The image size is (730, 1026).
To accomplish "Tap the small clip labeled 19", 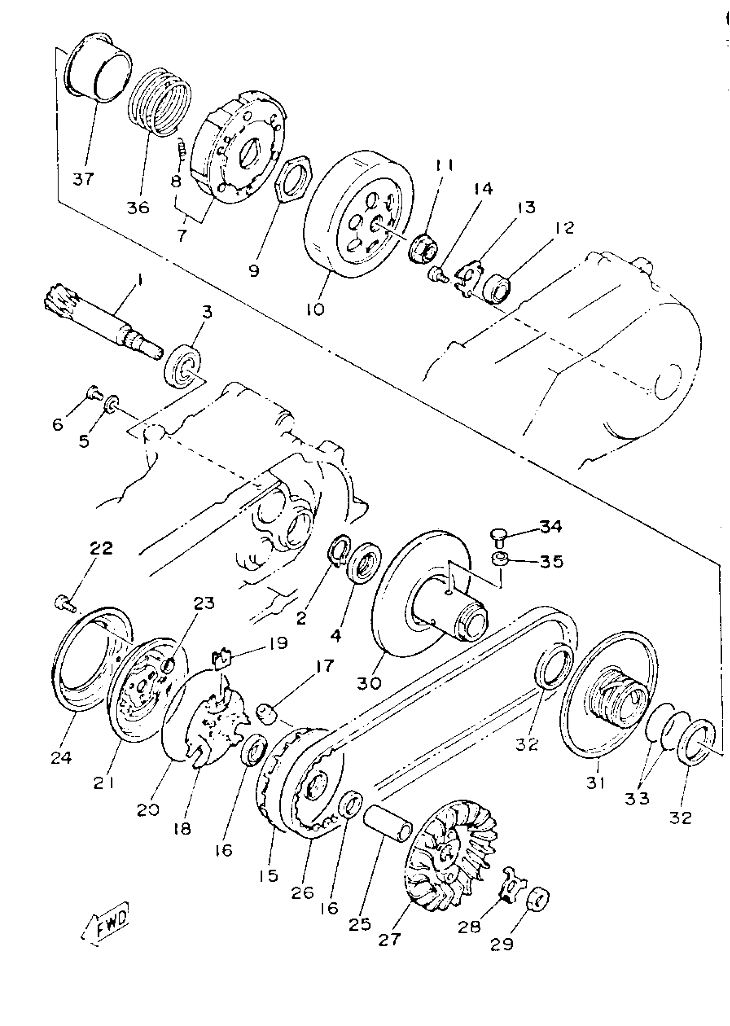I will (221, 659).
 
